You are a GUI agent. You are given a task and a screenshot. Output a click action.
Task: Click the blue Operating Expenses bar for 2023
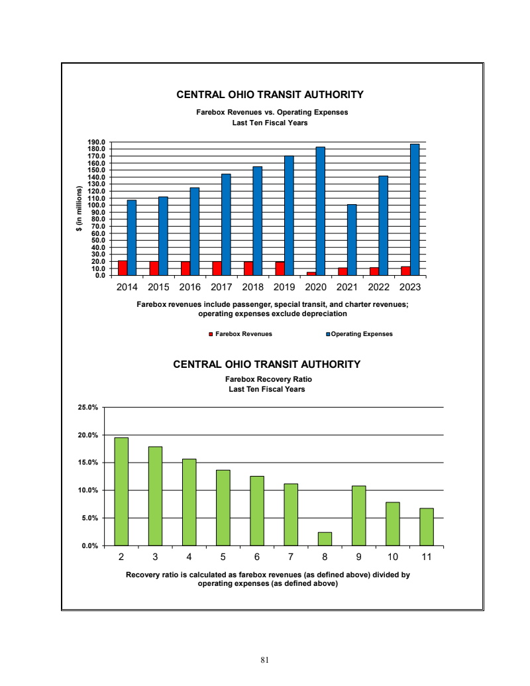coord(415,209)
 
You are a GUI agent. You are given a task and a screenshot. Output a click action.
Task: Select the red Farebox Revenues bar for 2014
coord(123,268)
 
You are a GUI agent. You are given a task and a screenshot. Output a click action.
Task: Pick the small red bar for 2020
coord(311,273)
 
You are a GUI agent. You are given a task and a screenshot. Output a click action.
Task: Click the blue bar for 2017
coord(226,225)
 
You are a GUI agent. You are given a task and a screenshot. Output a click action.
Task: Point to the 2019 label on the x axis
coord(284,288)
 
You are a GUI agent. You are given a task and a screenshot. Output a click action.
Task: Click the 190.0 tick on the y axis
coord(97,143)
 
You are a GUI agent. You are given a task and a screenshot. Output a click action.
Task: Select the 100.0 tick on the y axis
coord(97,205)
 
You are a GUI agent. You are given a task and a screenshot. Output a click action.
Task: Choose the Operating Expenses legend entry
coord(360,334)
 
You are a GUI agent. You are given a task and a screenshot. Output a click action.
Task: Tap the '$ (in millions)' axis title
coord(78,209)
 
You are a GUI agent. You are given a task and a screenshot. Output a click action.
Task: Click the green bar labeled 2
coord(121,491)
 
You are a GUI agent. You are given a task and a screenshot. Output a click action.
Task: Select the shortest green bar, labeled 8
coord(325,539)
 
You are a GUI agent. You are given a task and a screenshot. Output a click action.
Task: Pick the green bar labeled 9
coord(358,516)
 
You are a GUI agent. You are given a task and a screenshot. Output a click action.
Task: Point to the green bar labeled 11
coord(426,527)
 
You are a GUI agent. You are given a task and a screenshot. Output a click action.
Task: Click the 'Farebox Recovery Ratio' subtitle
coord(268,379)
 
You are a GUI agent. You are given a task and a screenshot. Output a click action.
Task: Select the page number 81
coord(265,660)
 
